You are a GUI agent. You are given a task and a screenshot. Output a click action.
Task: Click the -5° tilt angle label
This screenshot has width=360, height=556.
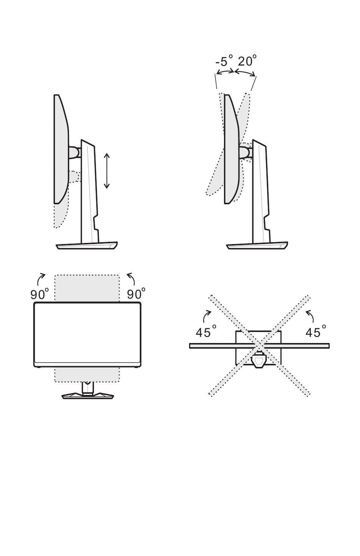click(224, 61)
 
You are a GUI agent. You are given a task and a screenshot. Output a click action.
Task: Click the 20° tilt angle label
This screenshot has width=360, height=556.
click(247, 61)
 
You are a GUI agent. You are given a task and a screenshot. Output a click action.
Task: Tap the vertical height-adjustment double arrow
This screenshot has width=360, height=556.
click(107, 171)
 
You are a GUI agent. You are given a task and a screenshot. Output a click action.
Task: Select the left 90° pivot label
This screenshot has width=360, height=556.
click(39, 294)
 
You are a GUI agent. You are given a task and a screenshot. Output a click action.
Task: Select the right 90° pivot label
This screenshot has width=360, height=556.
click(136, 294)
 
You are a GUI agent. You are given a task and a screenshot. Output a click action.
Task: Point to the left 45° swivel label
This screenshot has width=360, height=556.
click(206, 331)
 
